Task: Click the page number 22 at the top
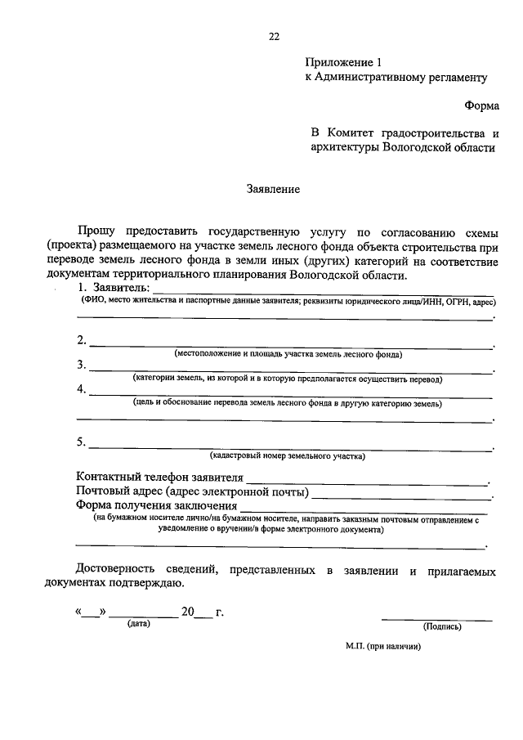click(274, 36)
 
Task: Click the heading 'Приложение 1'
click(343, 62)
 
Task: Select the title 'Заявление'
click(274, 189)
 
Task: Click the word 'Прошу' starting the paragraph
click(97, 232)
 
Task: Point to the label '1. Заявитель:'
click(114, 288)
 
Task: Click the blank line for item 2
click(290, 345)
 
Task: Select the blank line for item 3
click(290, 370)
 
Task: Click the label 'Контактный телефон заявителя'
click(160, 478)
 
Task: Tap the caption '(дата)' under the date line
click(137, 624)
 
